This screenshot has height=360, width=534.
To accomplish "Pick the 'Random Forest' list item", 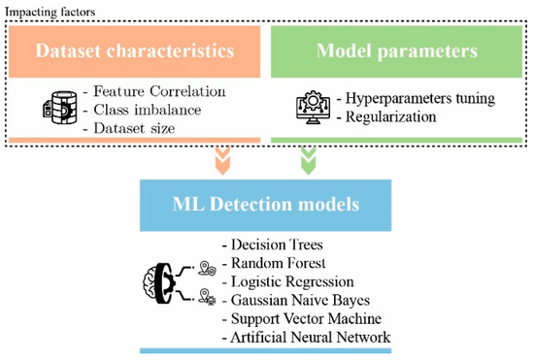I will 274,263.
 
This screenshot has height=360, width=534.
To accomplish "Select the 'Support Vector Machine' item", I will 300,318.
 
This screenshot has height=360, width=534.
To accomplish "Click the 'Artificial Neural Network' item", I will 306,337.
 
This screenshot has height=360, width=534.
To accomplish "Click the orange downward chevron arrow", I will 220,159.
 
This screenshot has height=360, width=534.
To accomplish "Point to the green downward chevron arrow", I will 309,159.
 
